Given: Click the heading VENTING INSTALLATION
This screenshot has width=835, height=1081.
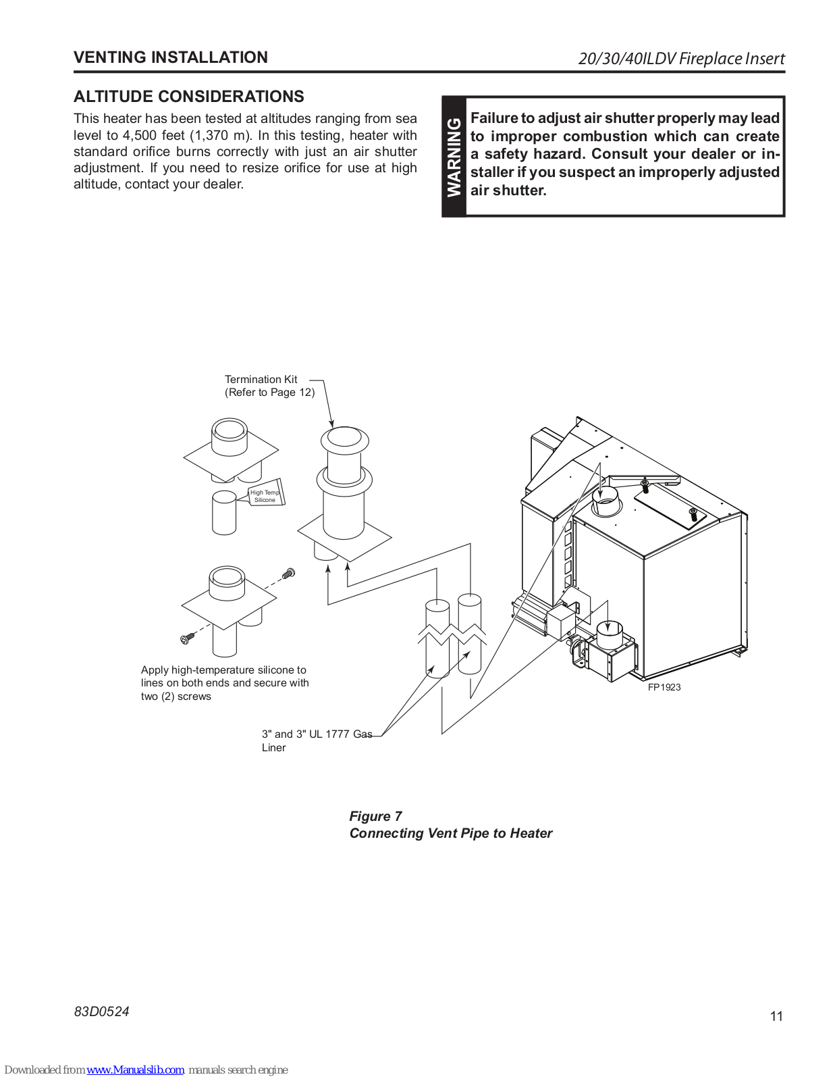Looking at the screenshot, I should tap(170, 57).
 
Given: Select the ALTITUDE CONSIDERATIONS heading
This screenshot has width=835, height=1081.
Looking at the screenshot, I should tap(188, 97).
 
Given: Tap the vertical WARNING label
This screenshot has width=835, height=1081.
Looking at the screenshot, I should tap(454, 157).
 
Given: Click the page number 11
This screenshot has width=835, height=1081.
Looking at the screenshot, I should tap(776, 1016).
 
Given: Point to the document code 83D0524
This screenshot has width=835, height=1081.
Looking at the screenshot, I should tap(101, 1011).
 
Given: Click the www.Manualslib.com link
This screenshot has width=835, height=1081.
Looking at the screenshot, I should tap(135, 1070).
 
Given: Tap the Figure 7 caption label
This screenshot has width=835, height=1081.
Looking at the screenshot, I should tap(375, 816).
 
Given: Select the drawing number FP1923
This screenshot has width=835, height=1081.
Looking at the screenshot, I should tap(664, 687).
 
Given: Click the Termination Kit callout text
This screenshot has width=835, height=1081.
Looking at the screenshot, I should tap(261, 380).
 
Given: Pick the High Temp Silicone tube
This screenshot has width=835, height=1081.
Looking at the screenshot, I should tap(265, 495).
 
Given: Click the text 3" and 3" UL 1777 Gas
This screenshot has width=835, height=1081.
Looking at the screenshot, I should tap(317, 734).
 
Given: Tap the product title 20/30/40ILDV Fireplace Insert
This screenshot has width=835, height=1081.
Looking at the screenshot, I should tap(681, 59).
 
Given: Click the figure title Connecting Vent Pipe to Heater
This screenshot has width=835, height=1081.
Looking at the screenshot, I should tap(450, 833).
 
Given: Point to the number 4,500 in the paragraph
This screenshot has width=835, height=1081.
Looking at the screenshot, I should tap(139, 135).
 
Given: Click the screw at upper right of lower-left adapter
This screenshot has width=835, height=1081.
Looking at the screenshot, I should tap(290, 573).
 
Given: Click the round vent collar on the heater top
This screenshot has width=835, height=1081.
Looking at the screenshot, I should tap(605, 501).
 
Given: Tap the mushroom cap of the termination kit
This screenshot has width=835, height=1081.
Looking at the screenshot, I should tap(344, 439).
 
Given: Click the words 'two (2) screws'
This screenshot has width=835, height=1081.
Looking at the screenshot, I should tap(176, 697).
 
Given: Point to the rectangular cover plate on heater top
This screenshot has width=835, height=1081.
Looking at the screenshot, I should tap(669, 508).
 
